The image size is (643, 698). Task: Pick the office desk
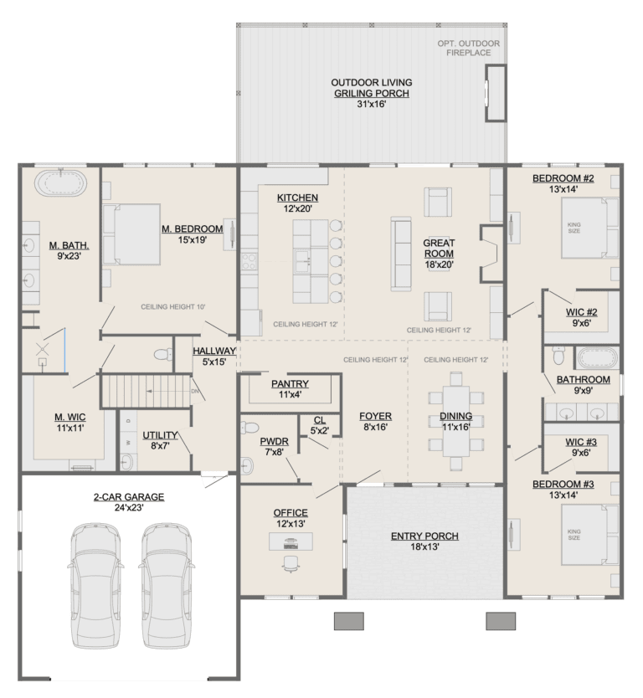[291, 541]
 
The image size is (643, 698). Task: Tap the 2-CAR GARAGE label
[128, 496]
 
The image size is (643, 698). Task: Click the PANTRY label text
[290, 384]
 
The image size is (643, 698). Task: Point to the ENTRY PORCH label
[424, 536]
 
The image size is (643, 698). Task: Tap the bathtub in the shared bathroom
[596, 359]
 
